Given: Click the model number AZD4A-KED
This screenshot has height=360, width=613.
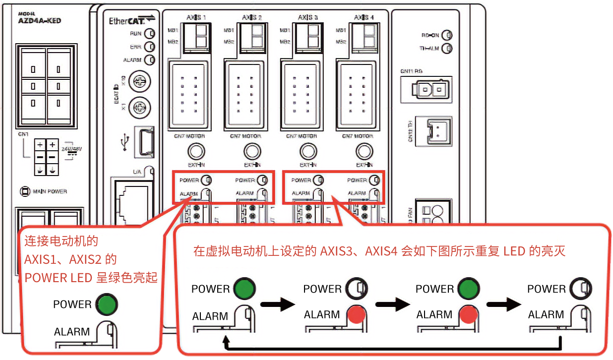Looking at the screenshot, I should click(x=40, y=21).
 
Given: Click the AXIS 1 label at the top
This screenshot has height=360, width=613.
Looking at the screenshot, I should click(x=197, y=18).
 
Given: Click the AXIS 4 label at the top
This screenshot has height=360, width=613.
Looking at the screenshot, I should click(x=364, y=18).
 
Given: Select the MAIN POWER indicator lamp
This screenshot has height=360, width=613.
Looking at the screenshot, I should click(x=23, y=191).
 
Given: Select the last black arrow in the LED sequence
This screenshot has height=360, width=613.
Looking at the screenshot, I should click(x=504, y=304).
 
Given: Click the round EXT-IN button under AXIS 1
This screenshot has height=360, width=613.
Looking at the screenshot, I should click(x=197, y=151).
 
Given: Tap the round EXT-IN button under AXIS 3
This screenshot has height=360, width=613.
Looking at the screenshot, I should click(x=308, y=151).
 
